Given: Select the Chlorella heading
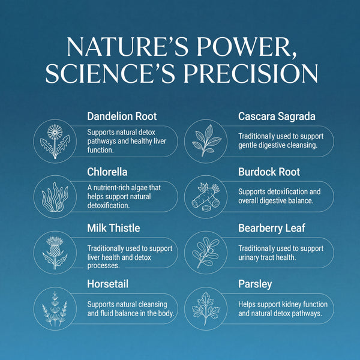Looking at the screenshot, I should [107, 172].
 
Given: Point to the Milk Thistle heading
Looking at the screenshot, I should [114, 229].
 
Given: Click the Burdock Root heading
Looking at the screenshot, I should [269, 172].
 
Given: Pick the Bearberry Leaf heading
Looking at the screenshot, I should [272, 229].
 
